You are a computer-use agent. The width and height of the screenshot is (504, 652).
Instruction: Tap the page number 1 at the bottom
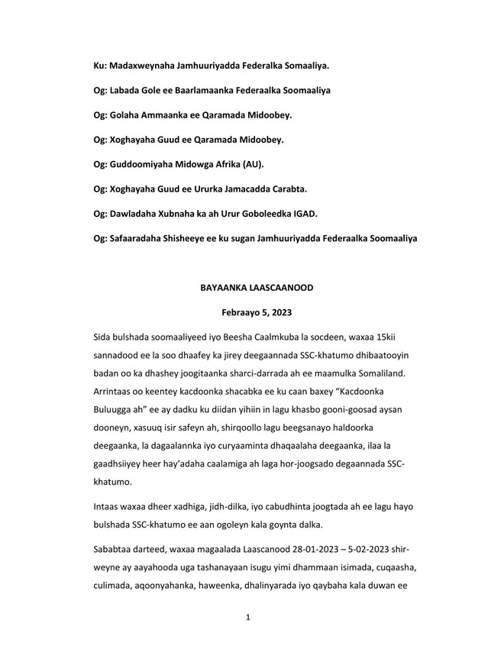pyautogui.click(x=248, y=617)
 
